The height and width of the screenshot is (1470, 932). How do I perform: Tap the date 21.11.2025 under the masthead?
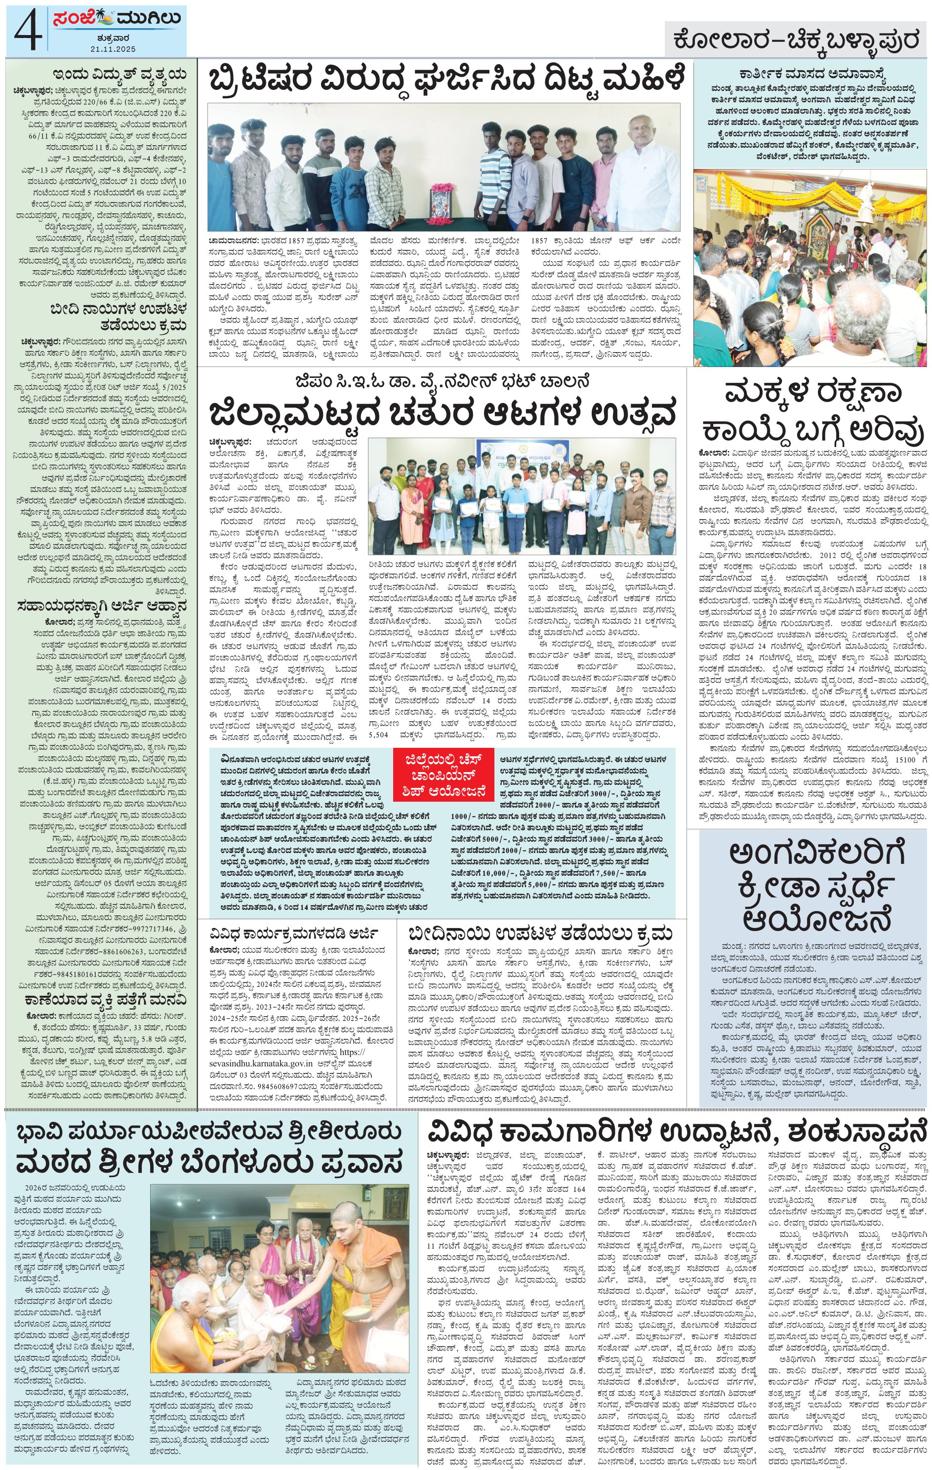pyautogui.click(x=114, y=48)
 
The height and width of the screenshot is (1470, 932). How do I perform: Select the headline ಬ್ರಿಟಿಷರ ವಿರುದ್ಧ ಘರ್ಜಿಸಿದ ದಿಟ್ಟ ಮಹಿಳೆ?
pyautogui.click(x=445, y=80)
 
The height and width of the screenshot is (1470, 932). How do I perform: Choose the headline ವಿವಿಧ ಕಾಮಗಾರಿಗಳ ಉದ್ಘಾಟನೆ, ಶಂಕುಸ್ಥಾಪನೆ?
pyautogui.click(x=676, y=1131)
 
